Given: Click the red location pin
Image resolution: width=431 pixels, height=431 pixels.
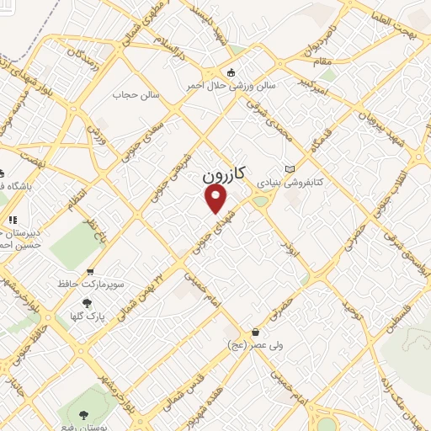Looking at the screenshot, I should (x=217, y=199).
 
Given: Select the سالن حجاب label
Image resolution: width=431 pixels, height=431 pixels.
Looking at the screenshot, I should (x=130, y=95).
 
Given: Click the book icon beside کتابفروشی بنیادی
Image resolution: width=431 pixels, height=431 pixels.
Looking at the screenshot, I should (x=290, y=168).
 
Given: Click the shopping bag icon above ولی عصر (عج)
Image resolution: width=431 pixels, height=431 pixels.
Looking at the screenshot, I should (x=254, y=333).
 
